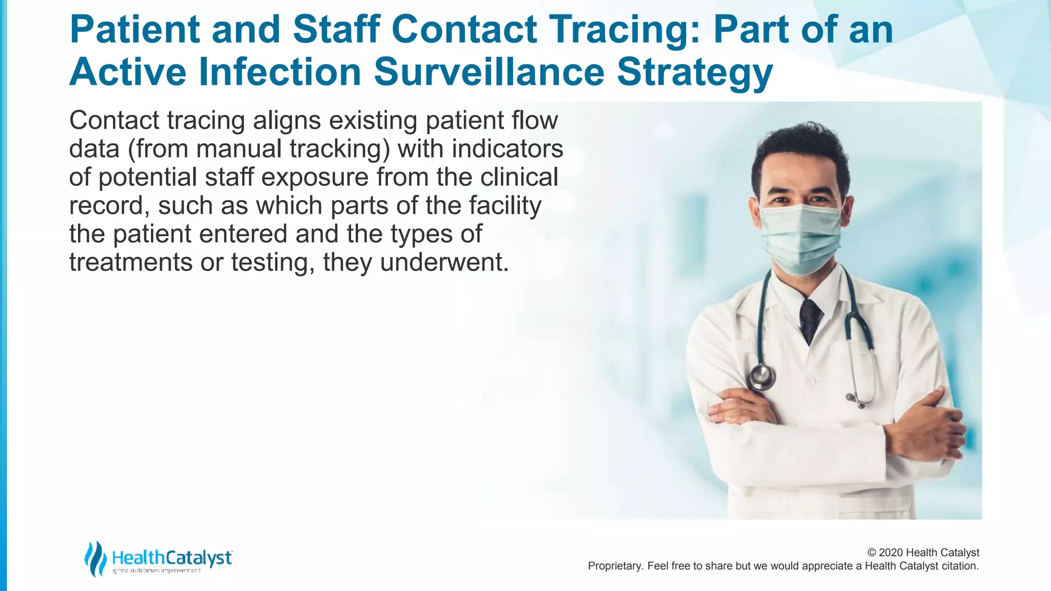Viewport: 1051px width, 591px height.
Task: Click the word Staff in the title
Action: (337, 30)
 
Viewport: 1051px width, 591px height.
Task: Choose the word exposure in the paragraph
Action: (315, 178)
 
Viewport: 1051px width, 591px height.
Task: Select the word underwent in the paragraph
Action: (444, 263)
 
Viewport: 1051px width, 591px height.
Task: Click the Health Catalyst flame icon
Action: (95, 559)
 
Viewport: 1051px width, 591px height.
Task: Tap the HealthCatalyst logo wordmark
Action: (171, 558)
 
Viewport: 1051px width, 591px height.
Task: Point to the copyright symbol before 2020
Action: (872, 553)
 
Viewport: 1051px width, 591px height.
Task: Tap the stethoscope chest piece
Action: (761, 377)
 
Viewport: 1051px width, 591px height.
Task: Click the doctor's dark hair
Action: (799, 149)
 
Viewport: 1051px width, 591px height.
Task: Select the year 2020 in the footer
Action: (891, 553)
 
